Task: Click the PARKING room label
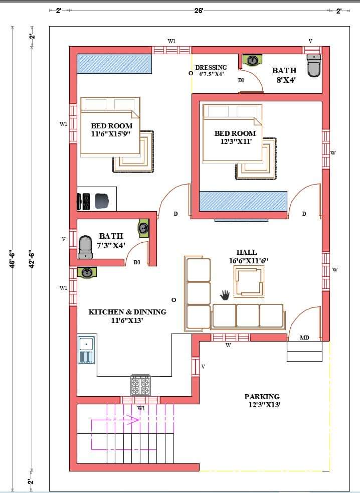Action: pos(262,397)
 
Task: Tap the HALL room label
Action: pos(247,252)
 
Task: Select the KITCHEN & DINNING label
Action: pos(127,312)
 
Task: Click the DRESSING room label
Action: pos(211,67)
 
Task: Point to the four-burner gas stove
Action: pos(140,385)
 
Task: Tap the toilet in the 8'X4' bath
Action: pos(314,65)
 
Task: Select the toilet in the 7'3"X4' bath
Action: pos(86,247)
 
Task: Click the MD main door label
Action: pos(304,338)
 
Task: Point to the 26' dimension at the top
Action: pos(199,11)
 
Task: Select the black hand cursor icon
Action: pos(225,294)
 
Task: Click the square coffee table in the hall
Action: pos(249,281)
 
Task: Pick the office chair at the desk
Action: pos(102,201)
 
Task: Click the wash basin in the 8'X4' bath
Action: pos(253,60)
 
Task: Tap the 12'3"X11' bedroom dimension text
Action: pos(236,141)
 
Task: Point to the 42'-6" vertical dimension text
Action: pos(32,259)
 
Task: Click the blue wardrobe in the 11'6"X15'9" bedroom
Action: pos(114,64)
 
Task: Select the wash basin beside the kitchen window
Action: pos(87,272)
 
